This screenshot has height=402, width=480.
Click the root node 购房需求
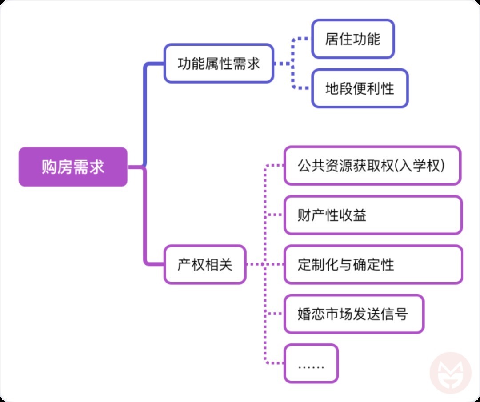coord(73,167)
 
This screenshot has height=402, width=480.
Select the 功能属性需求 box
coord(219,64)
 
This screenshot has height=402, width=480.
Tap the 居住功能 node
coord(353,39)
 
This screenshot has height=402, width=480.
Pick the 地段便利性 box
coord(360,88)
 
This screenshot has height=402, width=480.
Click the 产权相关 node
coord(205,265)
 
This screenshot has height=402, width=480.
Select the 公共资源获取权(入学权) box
coord(372,166)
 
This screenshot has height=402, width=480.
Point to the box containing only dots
coord(311,364)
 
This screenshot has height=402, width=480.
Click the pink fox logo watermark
coord(450,372)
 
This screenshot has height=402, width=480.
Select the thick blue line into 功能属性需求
coord(145,111)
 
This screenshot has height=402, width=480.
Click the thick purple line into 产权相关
coord(145,222)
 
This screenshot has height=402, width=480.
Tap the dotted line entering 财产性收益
coord(275,215)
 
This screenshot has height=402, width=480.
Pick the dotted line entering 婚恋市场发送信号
coord(275,314)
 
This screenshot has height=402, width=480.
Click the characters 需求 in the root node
coord(89,167)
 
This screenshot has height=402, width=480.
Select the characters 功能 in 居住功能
coord(367,39)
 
